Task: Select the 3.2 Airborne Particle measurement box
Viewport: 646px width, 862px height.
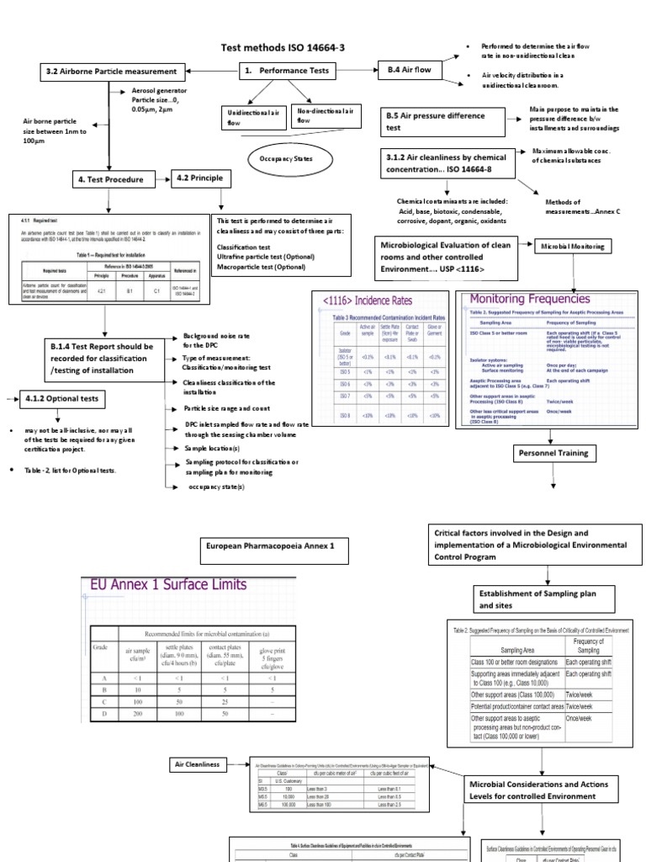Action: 111,72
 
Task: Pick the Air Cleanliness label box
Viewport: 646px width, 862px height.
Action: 198,764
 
